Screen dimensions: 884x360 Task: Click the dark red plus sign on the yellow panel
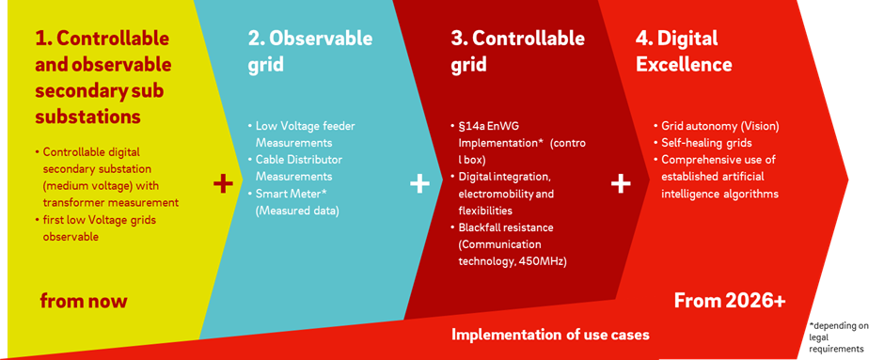223,184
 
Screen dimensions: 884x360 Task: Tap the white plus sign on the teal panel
418,184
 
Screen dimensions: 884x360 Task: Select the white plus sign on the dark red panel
621,184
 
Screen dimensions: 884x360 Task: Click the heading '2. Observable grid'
310,52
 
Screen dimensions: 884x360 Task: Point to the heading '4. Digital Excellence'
684,52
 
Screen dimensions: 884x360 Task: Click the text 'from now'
84,301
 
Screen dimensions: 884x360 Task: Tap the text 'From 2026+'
730,301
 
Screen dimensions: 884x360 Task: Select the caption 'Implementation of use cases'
550,335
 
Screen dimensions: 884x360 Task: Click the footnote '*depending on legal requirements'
838,337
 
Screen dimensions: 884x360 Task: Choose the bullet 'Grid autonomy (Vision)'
717,127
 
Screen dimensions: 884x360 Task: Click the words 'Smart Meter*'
288,194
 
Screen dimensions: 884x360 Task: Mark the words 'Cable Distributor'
299,160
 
